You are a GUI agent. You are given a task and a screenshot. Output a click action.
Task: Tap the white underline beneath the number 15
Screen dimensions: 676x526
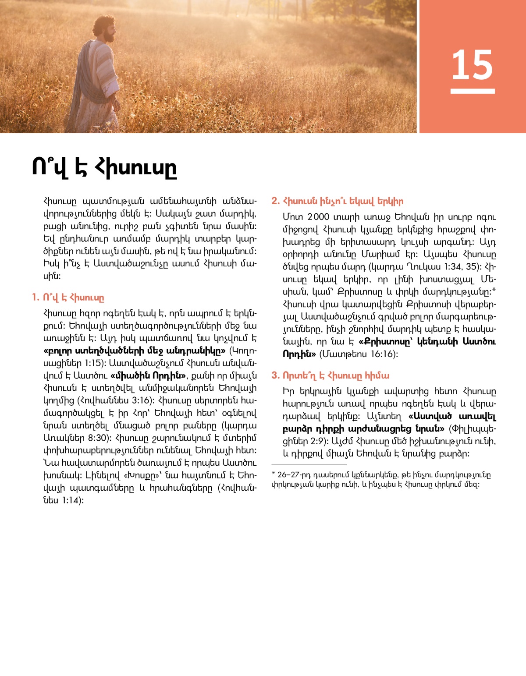473,91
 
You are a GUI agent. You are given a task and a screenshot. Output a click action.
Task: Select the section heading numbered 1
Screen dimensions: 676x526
68,297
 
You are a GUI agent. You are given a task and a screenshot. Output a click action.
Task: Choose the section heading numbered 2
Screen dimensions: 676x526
337,201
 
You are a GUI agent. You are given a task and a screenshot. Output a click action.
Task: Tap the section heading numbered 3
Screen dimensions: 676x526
330,375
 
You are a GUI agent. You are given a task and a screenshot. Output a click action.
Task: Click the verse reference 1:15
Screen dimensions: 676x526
92,363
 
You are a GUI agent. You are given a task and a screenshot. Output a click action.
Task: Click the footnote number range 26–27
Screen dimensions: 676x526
288,475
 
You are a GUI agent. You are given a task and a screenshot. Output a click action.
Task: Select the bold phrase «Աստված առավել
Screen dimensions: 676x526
452,416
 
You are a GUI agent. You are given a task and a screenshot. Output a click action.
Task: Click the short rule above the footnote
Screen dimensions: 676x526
309,465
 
